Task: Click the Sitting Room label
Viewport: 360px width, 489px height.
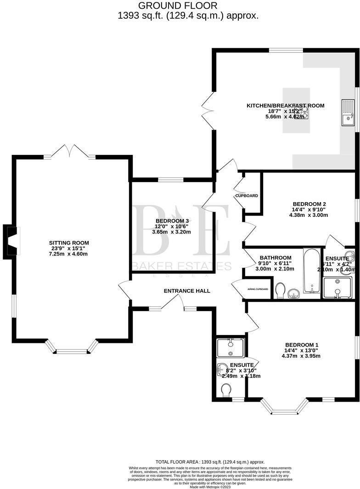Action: (69, 243)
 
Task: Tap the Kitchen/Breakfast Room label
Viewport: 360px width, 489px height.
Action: (285, 106)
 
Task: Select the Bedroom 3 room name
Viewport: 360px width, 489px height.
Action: (172, 221)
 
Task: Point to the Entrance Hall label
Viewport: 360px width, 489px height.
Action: (187, 291)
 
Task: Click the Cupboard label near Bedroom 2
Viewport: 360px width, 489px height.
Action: (247, 196)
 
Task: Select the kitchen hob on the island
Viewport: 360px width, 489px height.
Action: (292, 113)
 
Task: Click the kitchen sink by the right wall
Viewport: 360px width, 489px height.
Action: (347, 113)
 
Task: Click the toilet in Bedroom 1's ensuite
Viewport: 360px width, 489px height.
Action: (226, 390)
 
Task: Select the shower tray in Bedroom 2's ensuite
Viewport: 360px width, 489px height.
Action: (338, 287)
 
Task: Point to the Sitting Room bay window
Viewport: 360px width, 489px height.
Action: (72, 349)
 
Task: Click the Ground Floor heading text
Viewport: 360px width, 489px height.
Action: (178, 6)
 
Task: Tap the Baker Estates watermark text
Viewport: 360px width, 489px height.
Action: (182, 266)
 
